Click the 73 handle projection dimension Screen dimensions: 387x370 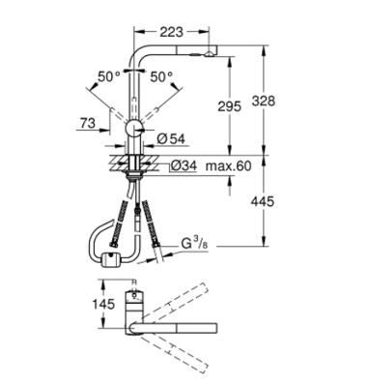(x=88, y=123)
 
